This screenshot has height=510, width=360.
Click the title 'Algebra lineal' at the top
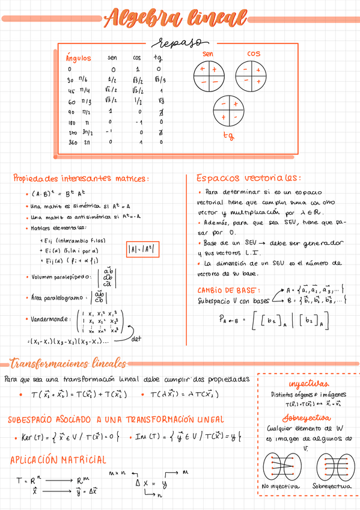point(179,20)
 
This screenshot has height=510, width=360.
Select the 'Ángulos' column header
point(79,58)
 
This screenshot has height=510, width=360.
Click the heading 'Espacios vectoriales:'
point(248,179)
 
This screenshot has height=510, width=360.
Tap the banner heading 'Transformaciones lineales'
point(69,363)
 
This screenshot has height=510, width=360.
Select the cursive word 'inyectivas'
point(308,384)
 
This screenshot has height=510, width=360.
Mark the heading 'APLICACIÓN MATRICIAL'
point(58,460)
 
